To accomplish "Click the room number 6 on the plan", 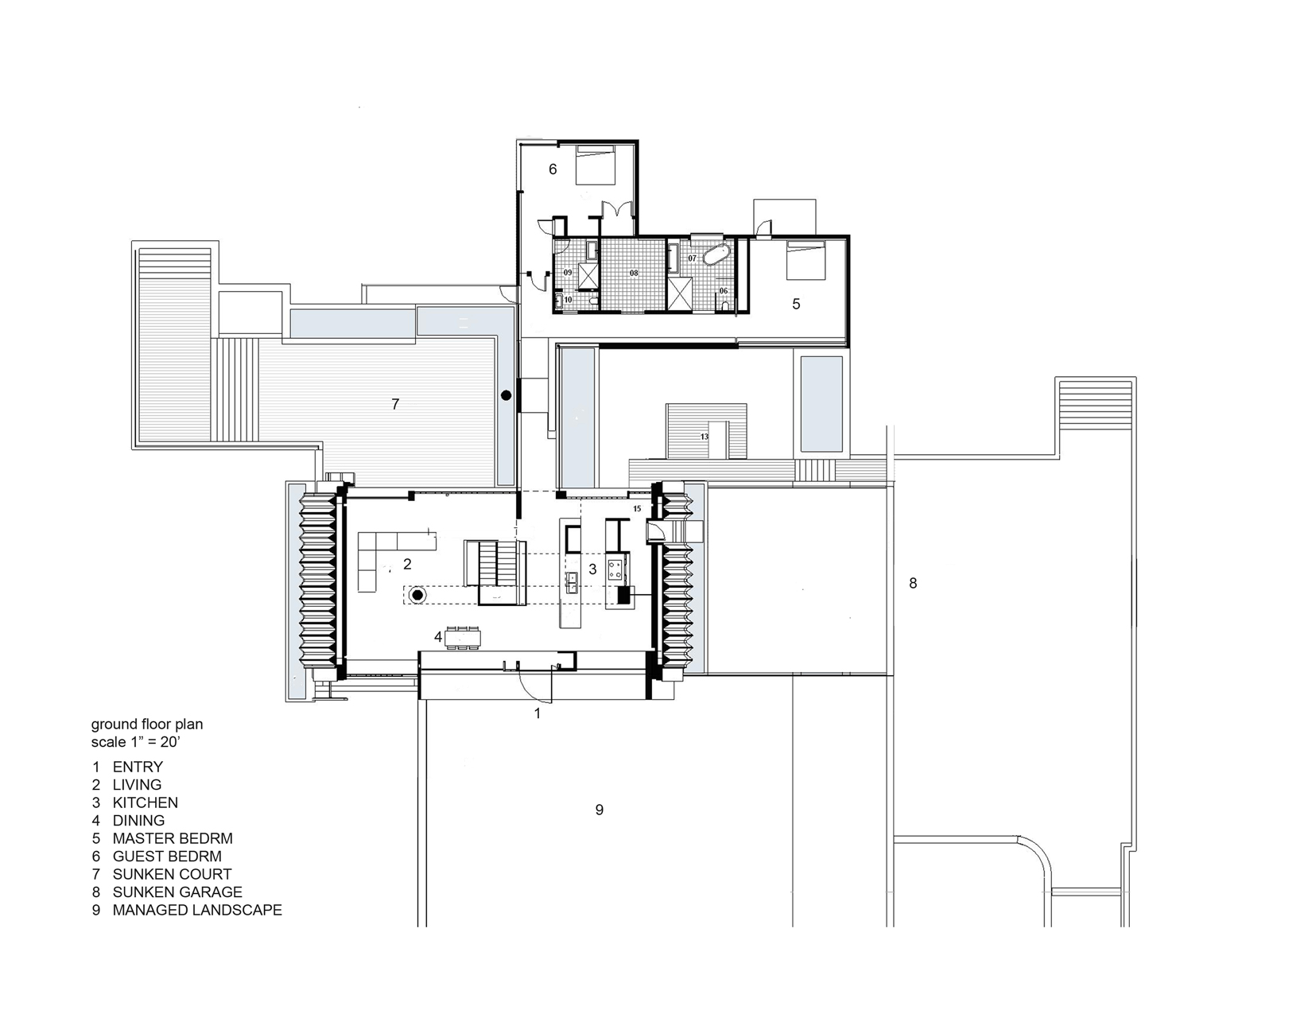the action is [x=553, y=169].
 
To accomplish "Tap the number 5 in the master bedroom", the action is [x=796, y=305].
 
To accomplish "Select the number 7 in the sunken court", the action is [x=395, y=404].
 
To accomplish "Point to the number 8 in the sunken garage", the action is [x=913, y=583].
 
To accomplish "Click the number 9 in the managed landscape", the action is [x=599, y=810].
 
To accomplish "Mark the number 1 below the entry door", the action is [x=538, y=713].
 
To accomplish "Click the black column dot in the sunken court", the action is [x=507, y=395].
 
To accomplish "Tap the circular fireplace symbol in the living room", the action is [x=417, y=596].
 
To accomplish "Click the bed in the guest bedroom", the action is [x=596, y=165].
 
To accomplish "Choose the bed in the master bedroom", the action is [x=806, y=260].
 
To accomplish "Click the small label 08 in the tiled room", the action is [x=634, y=273].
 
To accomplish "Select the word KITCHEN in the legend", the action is [x=146, y=802].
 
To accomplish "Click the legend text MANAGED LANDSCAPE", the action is [x=197, y=910].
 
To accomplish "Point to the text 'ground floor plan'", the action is [x=147, y=724].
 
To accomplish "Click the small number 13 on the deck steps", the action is [x=704, y=436].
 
